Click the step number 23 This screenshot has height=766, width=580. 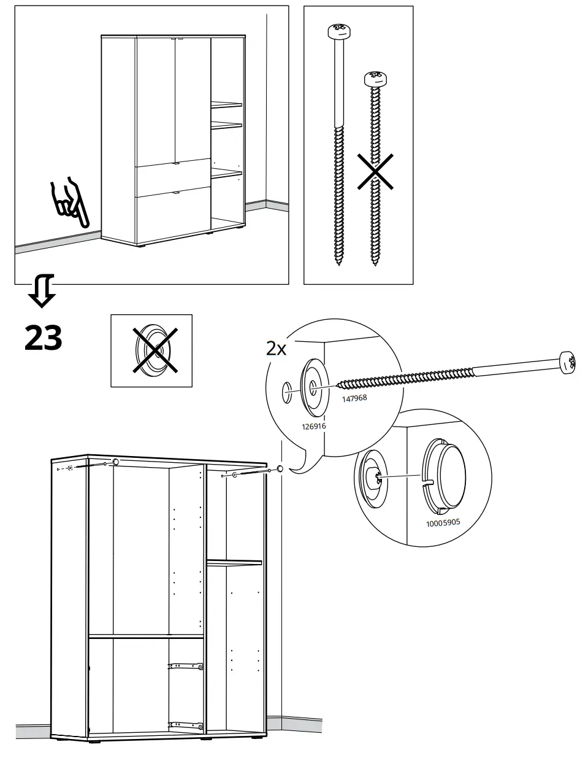43,338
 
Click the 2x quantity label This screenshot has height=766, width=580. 276,349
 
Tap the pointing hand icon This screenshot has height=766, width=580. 70,203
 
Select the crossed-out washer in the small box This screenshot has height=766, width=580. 151,350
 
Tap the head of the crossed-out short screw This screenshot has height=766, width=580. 375,79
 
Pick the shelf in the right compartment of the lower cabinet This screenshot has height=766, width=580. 234,562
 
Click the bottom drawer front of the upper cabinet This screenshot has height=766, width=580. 172,216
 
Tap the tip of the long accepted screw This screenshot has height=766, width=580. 338,263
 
